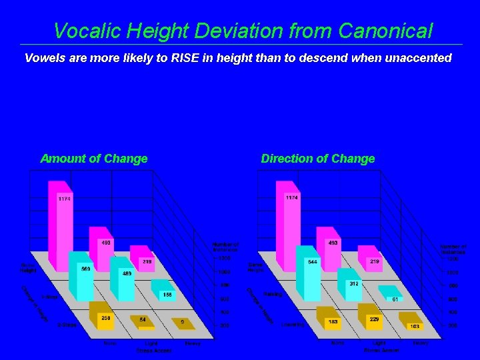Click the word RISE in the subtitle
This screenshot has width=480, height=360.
189,58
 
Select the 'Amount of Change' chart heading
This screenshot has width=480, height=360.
94,159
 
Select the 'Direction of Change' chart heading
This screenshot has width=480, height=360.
318,159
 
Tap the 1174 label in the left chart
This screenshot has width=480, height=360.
64,199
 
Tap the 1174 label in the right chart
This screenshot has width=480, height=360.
292,198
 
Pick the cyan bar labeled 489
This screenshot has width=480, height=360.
125,280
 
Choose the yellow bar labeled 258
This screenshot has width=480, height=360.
104,319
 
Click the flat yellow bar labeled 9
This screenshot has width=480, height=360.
183,322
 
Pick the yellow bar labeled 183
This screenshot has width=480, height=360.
331,321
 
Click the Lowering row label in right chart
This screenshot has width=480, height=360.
293,325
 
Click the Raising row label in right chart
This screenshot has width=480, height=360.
273,294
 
